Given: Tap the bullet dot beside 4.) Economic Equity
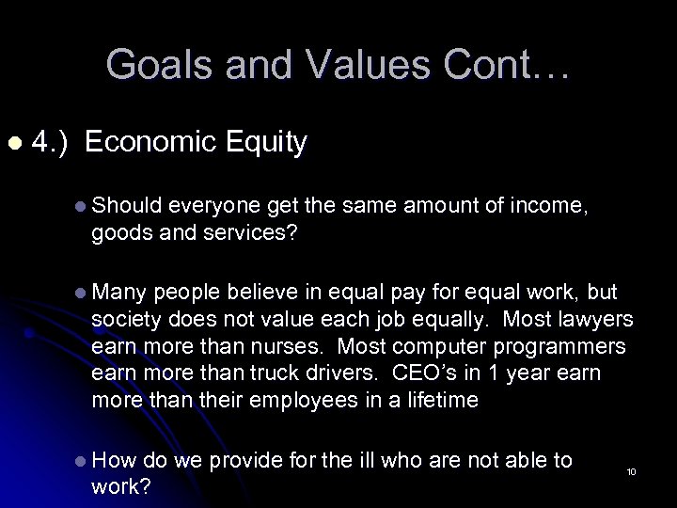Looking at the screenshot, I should [x=13, y=143].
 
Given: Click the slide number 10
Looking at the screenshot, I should [x=631, y=470].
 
